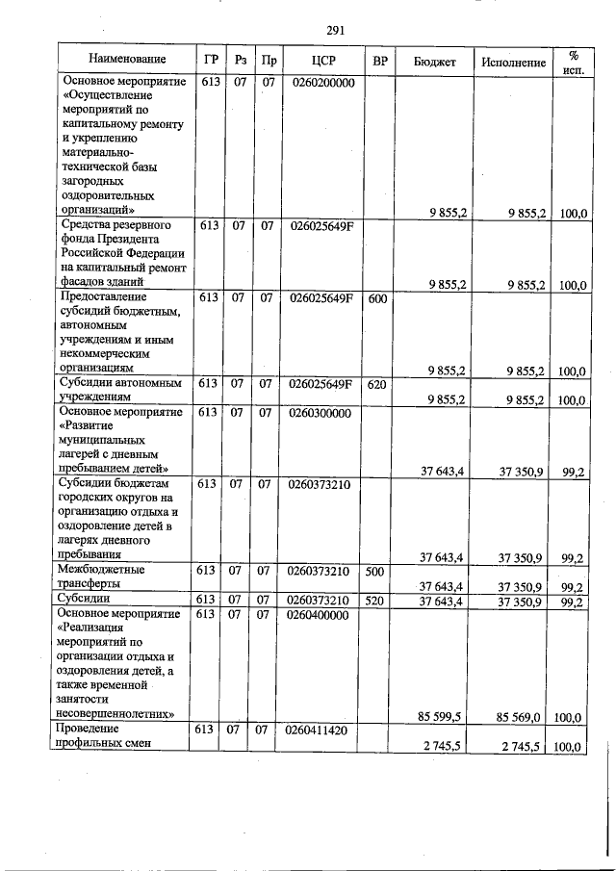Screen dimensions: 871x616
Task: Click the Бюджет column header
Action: coord(434,62)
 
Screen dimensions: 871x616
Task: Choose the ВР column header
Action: coord(380,61)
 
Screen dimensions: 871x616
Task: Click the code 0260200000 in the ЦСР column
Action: coord(321,84)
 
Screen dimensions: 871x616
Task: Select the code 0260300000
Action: coord(321,413)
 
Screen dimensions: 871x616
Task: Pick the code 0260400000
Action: coord(321,614)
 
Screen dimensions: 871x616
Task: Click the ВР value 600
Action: coord(378,298)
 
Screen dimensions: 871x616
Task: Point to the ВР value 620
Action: coord(378,384)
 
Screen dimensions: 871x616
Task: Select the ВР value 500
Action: coord(376,572)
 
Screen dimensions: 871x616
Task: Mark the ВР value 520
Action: coord(376,602)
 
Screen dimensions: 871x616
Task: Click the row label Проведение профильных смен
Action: coord(97,736)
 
